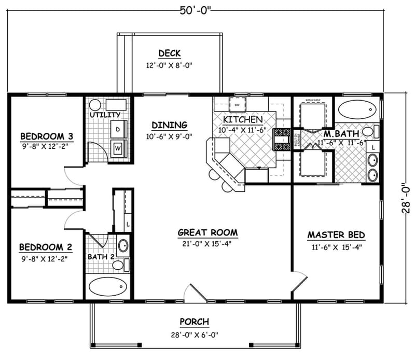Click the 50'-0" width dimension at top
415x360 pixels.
coord(196,9)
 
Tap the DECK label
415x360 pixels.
coord(169,53)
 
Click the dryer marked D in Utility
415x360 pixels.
coord(118,128)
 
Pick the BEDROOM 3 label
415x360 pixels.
coord(47,136)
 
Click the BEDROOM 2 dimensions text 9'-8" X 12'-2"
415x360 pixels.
coord(44,257)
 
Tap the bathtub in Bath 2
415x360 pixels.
coord(108,286)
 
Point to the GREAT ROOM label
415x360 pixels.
coord(208,232)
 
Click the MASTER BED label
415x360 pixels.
coord(336,235)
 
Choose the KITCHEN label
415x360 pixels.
coord(243,120)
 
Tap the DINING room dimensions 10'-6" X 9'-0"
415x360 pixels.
coord(169,137)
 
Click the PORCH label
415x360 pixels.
coord(195,322)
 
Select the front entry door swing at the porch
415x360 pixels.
coord(195,293)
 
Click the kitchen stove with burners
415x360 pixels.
coord(283,139)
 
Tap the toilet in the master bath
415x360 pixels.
coord(369,131)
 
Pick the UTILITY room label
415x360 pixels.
coord(105,114)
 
